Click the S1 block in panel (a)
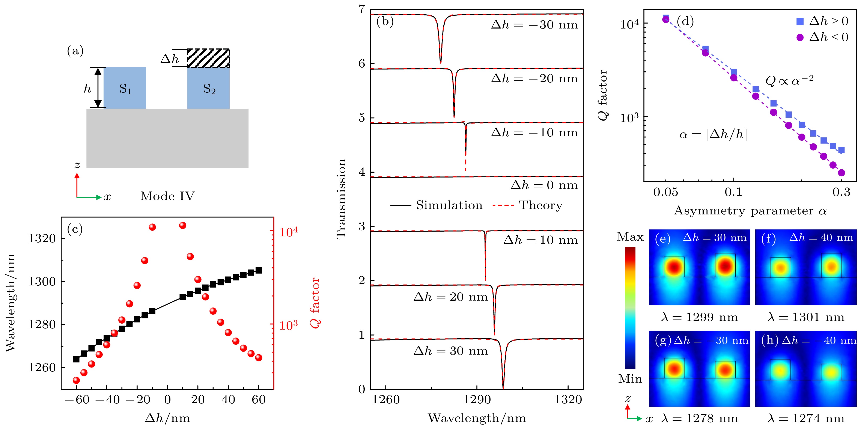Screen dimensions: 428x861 (125, 88)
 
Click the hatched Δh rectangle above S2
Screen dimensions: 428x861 (208, 58)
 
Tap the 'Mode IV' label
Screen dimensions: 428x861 (167, 196)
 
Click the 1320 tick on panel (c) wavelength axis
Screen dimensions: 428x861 (42, 239)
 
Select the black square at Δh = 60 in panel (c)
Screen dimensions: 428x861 (258, 270)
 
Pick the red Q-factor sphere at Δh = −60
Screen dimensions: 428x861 (76, 380)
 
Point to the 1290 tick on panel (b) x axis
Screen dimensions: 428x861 (477, 399)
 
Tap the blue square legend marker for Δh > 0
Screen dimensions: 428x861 (800, 22)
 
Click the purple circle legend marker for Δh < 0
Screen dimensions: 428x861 (800, 38)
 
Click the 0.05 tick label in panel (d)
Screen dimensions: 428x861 (665, 192)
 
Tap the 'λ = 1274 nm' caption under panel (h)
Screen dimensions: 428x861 (806, 418)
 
